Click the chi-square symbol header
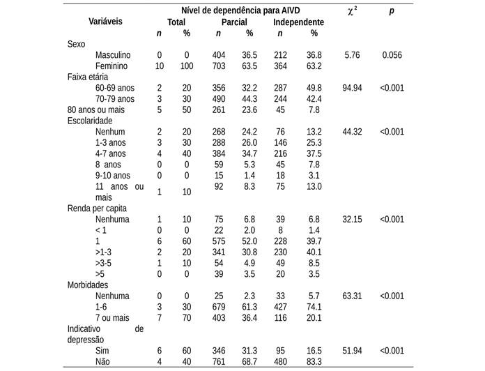(353, 10)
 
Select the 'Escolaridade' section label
(91, 121)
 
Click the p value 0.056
(392, 55)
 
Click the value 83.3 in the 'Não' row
(314, 361)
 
